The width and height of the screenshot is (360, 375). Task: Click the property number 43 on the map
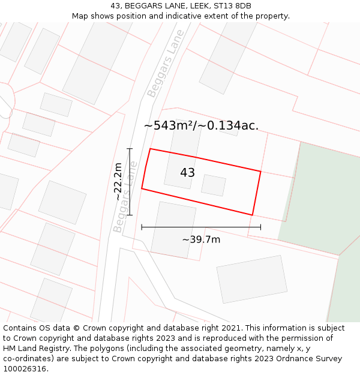pos(187,173)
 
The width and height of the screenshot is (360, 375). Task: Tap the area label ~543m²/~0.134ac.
pos(201,125)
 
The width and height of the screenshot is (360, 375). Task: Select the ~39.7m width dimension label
pos(201,239)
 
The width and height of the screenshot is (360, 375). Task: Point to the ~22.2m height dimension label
pos(118,181)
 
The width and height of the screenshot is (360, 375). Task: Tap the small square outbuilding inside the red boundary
pos(213,185)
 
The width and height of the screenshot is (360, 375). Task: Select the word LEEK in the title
pos(194,6)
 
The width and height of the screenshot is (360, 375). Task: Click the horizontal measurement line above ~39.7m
pos(201,227)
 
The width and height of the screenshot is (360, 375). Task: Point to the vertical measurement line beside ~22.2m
pos(130,181)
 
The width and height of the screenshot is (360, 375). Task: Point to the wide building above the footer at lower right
pos(251,279)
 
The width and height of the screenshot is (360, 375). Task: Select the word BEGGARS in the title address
pos(139,6)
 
